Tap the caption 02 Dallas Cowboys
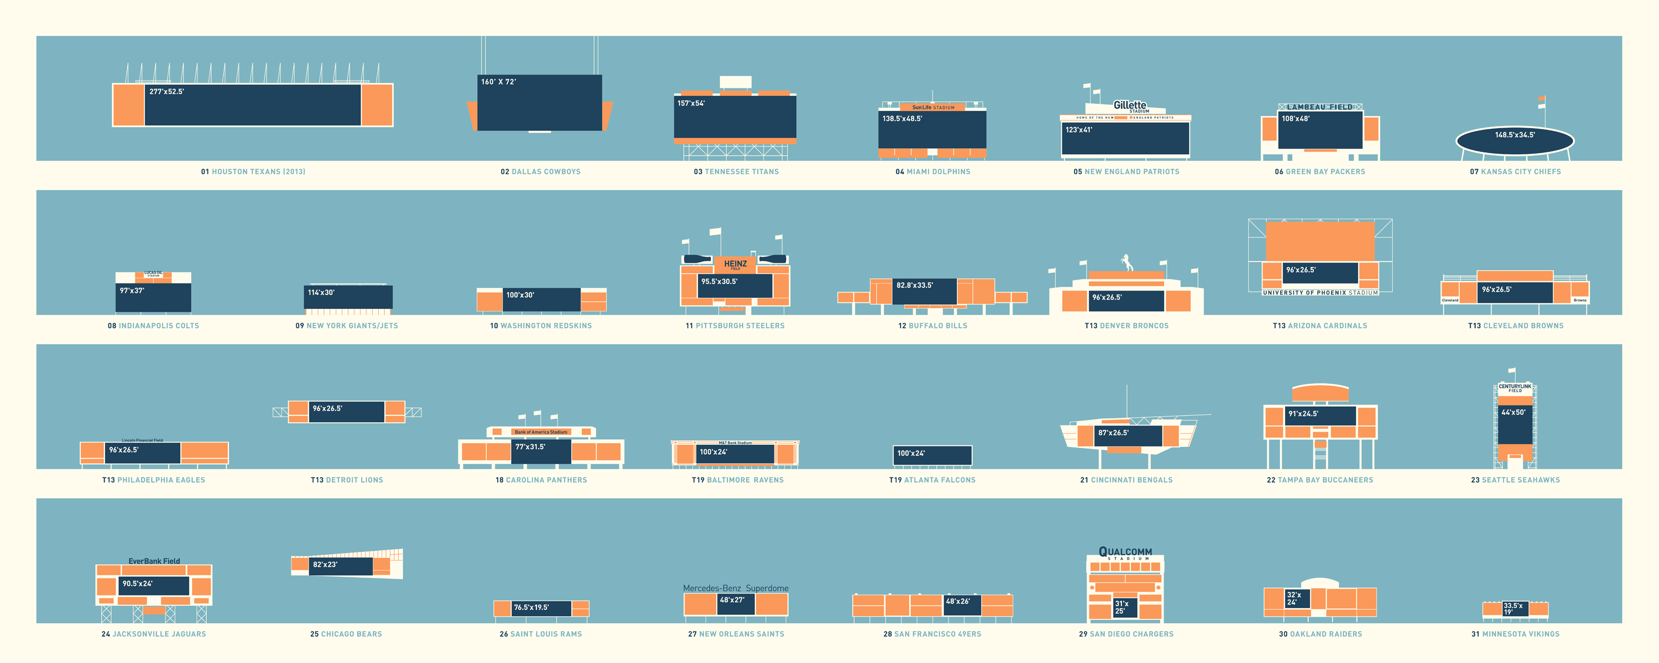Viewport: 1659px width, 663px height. coord(540,172)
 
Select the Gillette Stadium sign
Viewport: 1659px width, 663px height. coord(1130,106)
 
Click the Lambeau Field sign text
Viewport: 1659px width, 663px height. coord(1319,107)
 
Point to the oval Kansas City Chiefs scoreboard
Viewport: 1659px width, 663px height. coord(1515,140)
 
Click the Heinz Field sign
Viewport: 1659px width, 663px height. coord(735,264)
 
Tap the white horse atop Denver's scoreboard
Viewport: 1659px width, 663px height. coord(1126,262)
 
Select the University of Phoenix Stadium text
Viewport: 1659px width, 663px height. coord(1320,293)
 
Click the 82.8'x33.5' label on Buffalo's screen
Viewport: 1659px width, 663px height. coord(915,285)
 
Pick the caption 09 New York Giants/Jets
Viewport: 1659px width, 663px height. coord(347,326)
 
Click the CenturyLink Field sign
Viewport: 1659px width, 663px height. coord(1515,388)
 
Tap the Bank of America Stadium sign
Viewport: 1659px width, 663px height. coord(541,432)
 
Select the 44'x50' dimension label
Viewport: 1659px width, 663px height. coord(1514,413)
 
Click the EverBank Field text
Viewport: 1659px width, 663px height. coord(154,561)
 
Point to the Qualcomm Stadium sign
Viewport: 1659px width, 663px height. coord(1125,553)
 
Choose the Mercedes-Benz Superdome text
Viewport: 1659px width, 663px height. coord(735,588)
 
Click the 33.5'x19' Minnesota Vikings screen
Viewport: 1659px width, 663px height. coord(1515,608)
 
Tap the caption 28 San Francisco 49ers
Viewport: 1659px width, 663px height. coord(932,634)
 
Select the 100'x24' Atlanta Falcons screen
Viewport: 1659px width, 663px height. coord(932,455)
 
